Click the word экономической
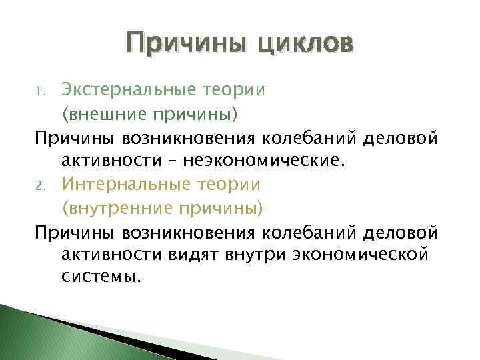(355, 255)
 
